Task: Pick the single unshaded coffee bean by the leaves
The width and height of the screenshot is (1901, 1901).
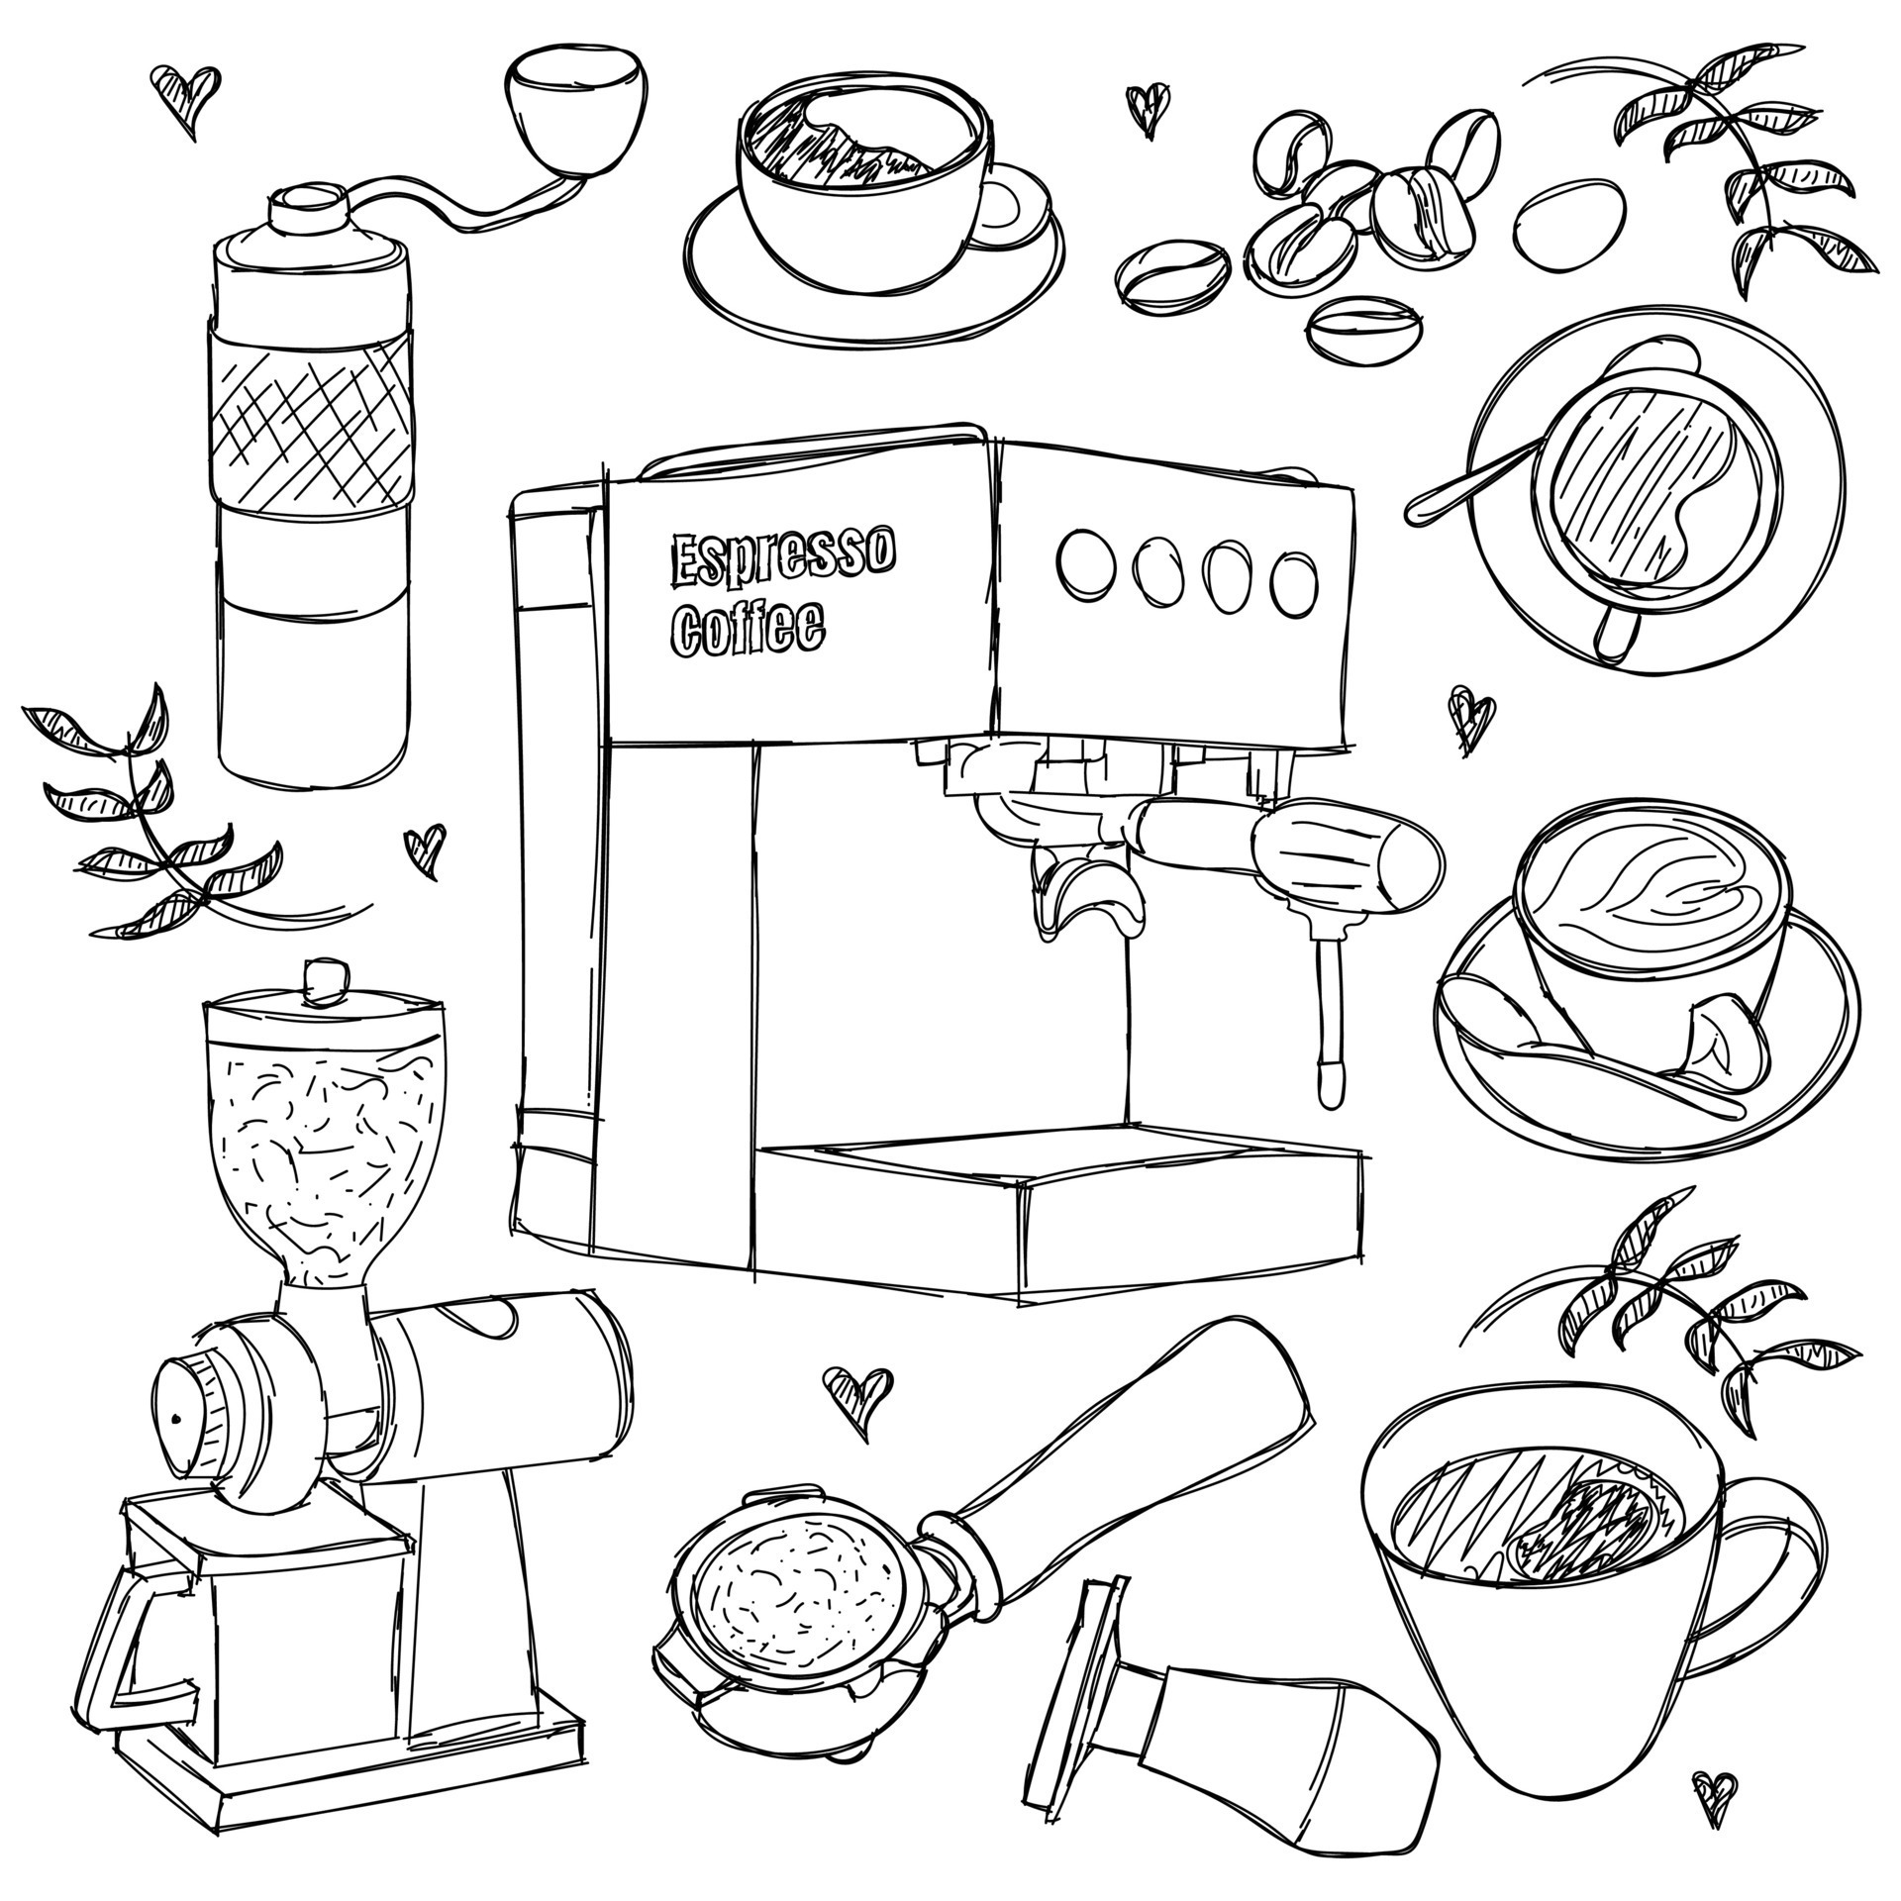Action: tap(1570, 223)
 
